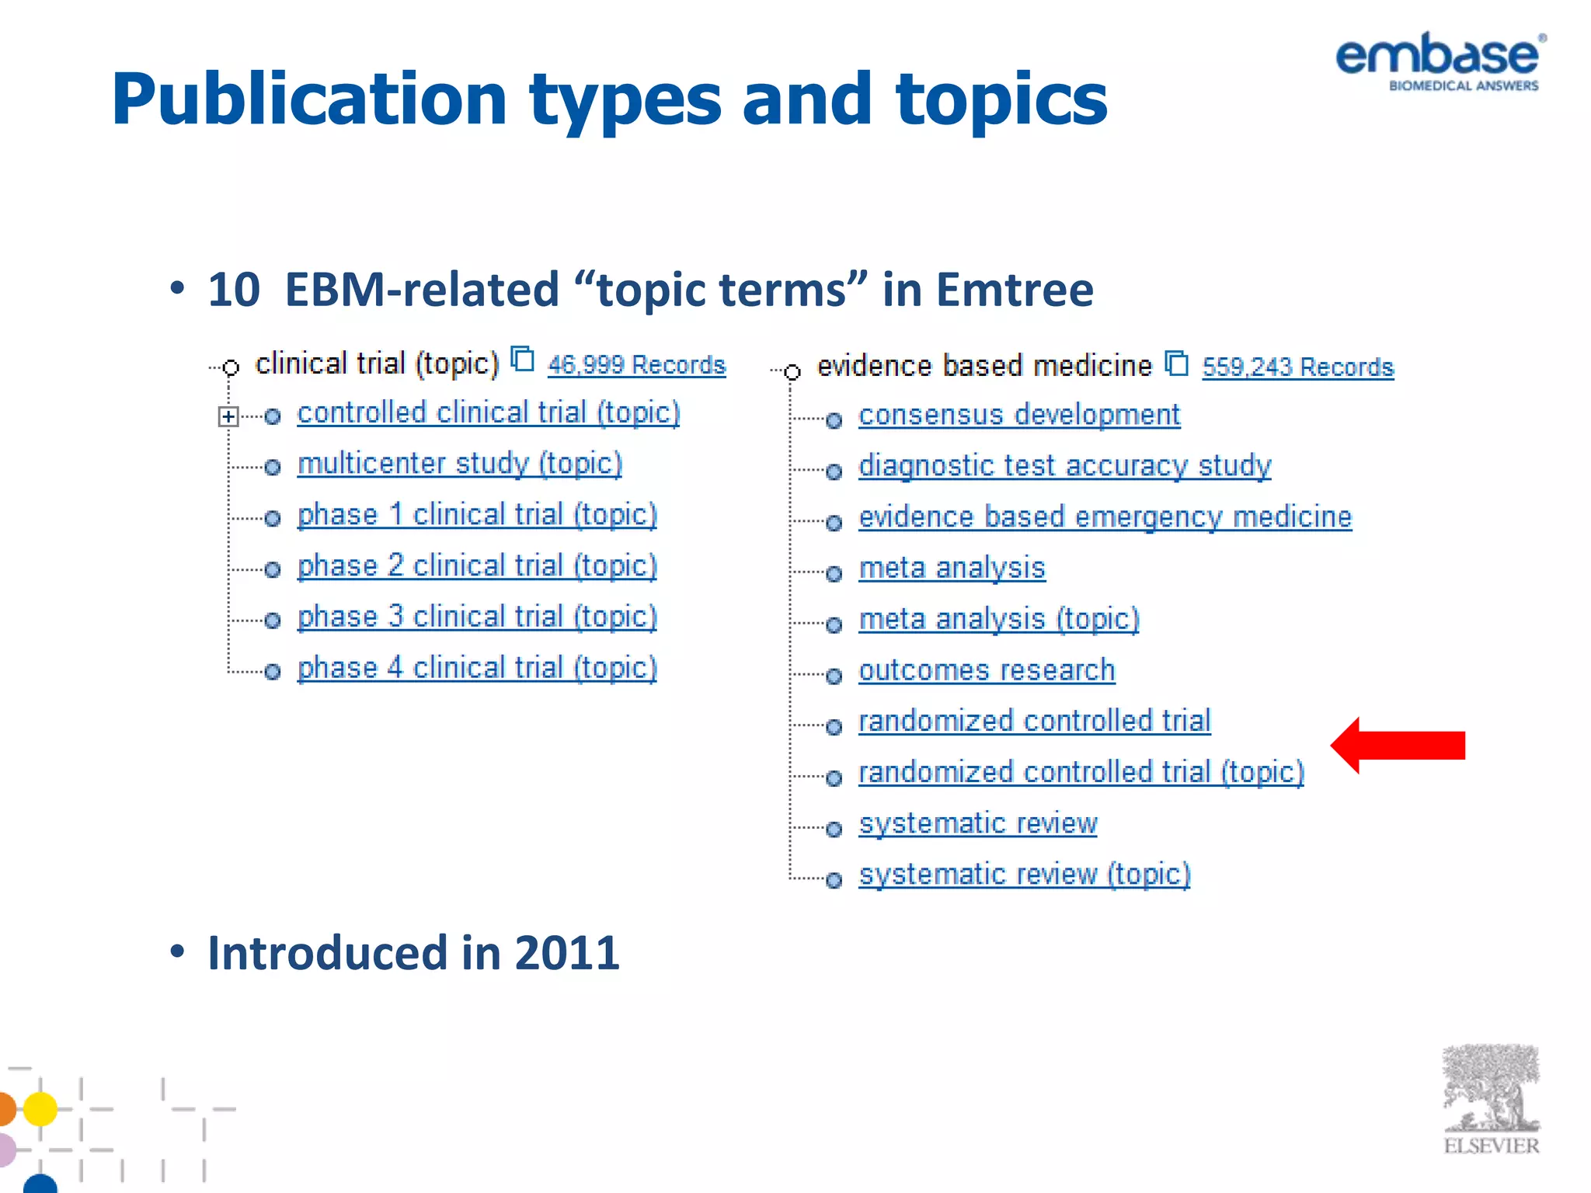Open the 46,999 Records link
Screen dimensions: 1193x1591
636,365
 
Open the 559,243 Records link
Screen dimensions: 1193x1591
1297,367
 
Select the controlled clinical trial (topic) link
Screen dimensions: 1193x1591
489,413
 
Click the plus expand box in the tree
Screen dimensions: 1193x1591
228,417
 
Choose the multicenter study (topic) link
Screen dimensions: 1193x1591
460,464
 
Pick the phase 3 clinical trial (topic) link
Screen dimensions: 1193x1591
477,617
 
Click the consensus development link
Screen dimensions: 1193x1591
1019,416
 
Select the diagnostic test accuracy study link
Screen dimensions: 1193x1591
1064,466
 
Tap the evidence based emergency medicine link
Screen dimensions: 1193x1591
1105,517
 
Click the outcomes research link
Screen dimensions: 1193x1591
987,670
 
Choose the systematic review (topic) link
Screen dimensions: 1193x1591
1024,875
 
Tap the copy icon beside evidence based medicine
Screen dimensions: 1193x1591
1177,363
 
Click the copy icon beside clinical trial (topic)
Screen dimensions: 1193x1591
522,360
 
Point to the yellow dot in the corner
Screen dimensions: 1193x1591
40,1108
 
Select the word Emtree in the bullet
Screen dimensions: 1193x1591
1015,290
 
